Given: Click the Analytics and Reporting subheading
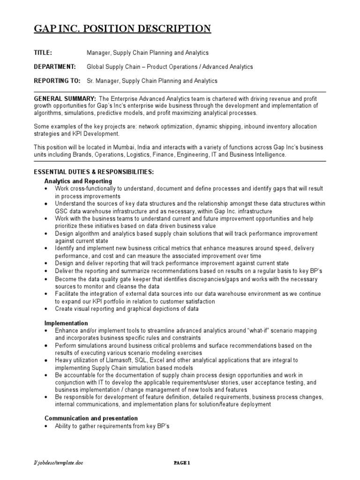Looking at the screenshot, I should pos(78,180).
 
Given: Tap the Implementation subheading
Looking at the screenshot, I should pos(66,323).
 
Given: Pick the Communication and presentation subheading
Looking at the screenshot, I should pos(91,418).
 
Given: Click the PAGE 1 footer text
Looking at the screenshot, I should pos(182,464).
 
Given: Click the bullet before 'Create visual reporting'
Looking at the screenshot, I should pos(46,309).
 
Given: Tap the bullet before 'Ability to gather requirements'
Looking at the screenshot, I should pos(46,426).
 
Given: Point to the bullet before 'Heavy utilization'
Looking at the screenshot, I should pos(46,360).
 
